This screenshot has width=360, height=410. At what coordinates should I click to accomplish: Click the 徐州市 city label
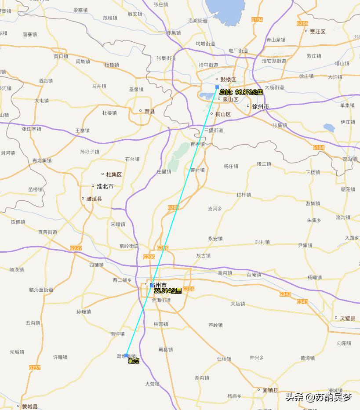click(x=260, y=106)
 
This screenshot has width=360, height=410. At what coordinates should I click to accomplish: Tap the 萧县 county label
click(x=149, y=111)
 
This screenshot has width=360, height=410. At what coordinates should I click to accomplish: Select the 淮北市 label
click(x=105, y=186)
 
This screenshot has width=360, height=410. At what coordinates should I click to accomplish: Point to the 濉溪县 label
click(x=94, y=199)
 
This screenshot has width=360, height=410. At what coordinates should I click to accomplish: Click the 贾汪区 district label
click(x=317, y=32)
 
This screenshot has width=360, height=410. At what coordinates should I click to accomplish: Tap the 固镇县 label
click(x=270, y=390)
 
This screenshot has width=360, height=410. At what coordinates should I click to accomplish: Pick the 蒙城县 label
click(x=29, y=406)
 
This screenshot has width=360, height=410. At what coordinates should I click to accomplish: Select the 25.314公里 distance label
click(x=168, y=291)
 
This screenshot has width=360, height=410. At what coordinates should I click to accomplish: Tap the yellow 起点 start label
click(x=134, y=361)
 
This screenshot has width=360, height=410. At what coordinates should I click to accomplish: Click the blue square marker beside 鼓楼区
click(x=217, y=87)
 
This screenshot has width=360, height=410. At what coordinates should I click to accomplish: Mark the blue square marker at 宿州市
click(x=152, y=285)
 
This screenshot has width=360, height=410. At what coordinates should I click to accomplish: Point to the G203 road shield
click(x=174, y=207)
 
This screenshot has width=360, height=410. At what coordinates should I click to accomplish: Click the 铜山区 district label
click(x=222, y=114)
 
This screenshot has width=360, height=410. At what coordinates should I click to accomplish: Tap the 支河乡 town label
click(x=215, y=209)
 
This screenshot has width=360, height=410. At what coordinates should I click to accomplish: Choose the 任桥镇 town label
click(x=224, y=359)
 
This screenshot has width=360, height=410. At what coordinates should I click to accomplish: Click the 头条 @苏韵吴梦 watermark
click(x=318, y=398)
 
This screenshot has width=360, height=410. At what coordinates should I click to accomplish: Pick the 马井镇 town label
click(x=99, y=86)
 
